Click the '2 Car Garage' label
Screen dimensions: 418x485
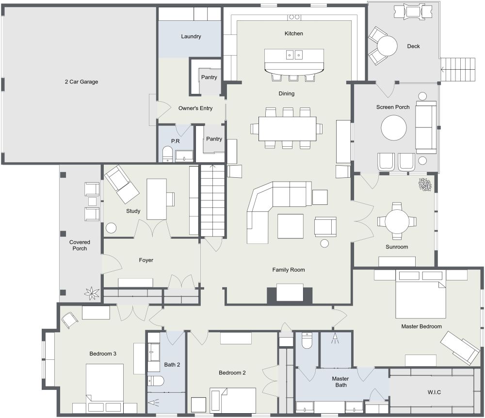(81, 82)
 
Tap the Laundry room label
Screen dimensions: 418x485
(191, 36)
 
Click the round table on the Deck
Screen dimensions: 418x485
(387, 46)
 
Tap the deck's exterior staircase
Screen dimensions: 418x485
(459, 69)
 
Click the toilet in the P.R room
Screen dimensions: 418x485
(167, 155)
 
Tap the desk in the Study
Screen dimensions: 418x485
(157, 199)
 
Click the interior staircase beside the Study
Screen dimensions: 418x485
(212, 200)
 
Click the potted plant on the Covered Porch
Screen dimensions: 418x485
(91, 293)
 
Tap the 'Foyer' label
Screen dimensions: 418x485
(146, 260)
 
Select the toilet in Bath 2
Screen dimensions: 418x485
(156, 381)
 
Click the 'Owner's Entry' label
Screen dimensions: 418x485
(195, 108)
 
